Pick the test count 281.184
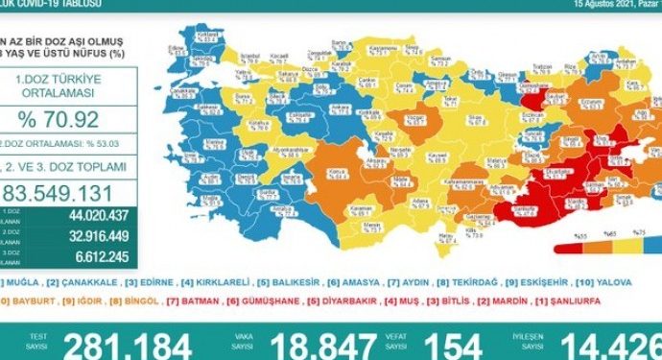129,345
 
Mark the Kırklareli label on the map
203,39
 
